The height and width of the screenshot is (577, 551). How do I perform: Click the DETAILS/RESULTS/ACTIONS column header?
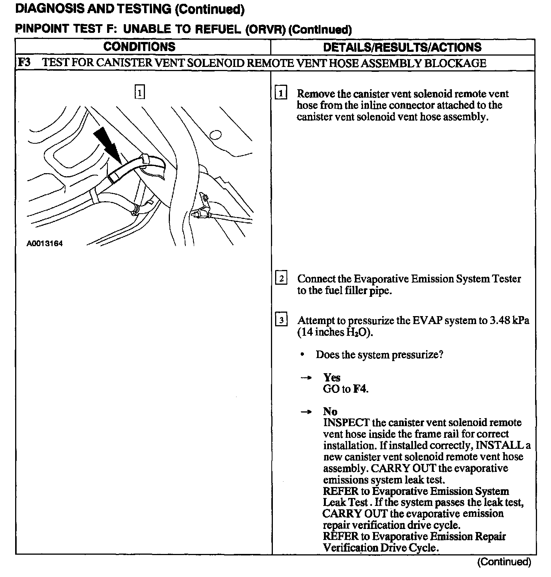[x=402, y=47]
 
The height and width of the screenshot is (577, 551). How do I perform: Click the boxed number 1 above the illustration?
[x=140, y=92]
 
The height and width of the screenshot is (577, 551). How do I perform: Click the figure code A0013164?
[x=45, y=244]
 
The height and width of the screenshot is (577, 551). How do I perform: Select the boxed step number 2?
[x=281, y=279]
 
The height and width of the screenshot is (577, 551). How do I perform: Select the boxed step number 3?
[x=281, y=320]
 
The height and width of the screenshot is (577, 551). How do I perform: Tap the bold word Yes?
[x=332, y=377]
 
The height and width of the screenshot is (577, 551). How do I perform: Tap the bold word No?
[x=330, y=411]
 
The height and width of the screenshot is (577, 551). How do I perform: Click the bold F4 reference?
[x=360, y=389]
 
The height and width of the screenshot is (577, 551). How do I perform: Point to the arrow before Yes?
[x=306, y=378]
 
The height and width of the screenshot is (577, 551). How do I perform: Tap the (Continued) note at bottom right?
[x=504, y=562]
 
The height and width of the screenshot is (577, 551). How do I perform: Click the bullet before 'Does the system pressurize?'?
[x=302, y=355]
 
